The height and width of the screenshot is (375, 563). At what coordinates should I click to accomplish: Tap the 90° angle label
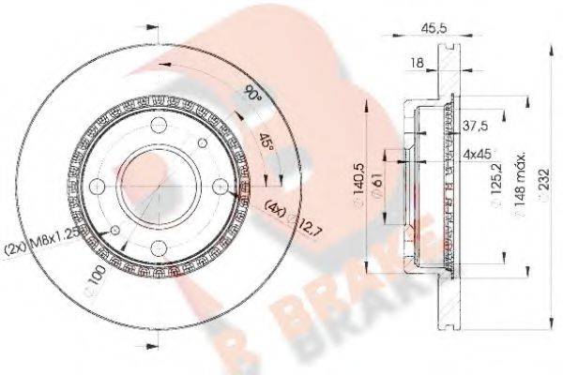(x=251, y=95)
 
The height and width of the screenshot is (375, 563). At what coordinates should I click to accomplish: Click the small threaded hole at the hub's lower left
(x=114, y=231)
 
